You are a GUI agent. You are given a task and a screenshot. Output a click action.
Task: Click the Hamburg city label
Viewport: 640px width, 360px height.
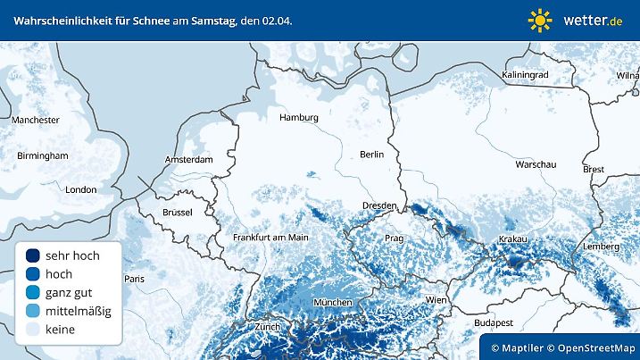pos(299,118)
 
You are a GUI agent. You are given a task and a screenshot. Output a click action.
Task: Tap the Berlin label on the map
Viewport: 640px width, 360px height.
pos(371,155)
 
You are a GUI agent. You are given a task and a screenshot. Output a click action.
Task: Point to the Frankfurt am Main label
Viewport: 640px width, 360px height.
pos(270,238)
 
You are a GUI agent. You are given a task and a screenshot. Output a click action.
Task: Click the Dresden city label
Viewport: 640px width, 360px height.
pos(379,206)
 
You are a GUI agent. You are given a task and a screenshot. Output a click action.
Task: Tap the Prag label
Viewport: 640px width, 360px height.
pos(394,239)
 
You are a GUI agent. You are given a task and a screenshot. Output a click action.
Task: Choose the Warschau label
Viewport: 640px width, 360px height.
pos(536,165)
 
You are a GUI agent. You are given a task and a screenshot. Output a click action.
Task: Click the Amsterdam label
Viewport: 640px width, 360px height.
pos(189,160)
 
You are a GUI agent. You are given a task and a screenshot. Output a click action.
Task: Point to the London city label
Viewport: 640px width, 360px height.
pos(81,189)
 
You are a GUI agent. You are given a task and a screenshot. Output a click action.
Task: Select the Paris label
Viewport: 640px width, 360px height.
pos(134,279)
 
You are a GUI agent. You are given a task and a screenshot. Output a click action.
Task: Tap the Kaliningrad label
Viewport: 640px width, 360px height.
pos(525,75)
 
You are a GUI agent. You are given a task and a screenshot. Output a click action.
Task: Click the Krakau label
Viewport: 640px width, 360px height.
pos(513,239)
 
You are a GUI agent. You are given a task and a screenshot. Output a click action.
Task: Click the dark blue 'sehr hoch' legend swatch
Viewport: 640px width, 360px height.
pos(33,255)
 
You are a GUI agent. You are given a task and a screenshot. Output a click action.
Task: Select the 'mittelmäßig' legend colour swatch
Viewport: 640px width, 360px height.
pos(33,311)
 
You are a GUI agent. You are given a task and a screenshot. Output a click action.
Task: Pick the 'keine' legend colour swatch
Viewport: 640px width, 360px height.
pos(33,330)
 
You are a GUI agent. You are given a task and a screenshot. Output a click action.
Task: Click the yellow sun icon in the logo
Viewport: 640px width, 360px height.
pos(540,20)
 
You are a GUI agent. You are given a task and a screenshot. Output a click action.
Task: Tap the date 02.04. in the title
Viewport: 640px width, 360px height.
pos(272,20)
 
